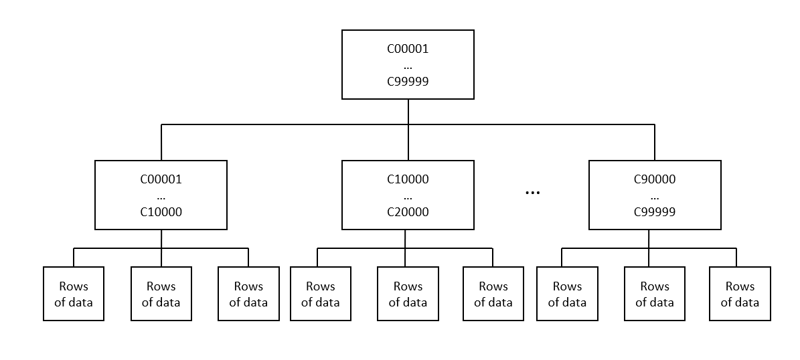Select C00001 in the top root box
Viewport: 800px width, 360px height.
point(408,49)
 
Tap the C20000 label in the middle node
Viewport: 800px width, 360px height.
point(408,211)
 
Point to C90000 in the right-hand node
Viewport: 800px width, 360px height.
point(654,179)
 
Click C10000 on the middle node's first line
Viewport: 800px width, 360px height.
point(408,179)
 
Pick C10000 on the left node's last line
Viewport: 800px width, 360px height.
point(161,211)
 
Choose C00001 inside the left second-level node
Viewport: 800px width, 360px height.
point(161,179)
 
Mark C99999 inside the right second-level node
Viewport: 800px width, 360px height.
point(654,211)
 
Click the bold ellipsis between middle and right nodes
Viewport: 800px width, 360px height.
point(532,193)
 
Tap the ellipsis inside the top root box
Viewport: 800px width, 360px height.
point(408,66)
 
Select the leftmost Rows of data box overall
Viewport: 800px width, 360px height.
point(74,294)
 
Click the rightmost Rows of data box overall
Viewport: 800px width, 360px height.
point(740,294)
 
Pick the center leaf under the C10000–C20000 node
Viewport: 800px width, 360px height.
point(408,294)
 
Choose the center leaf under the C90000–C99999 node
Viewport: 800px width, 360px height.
point(654,294)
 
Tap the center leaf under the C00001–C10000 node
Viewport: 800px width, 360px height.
point(161,294)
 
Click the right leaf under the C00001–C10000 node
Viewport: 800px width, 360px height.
point(248,294)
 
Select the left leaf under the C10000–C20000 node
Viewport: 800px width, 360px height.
point(320,294)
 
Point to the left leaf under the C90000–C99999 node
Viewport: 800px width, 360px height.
point(567,294)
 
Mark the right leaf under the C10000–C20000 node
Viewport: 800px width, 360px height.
point(493,294)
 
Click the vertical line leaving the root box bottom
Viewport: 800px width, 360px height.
point(408,112)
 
